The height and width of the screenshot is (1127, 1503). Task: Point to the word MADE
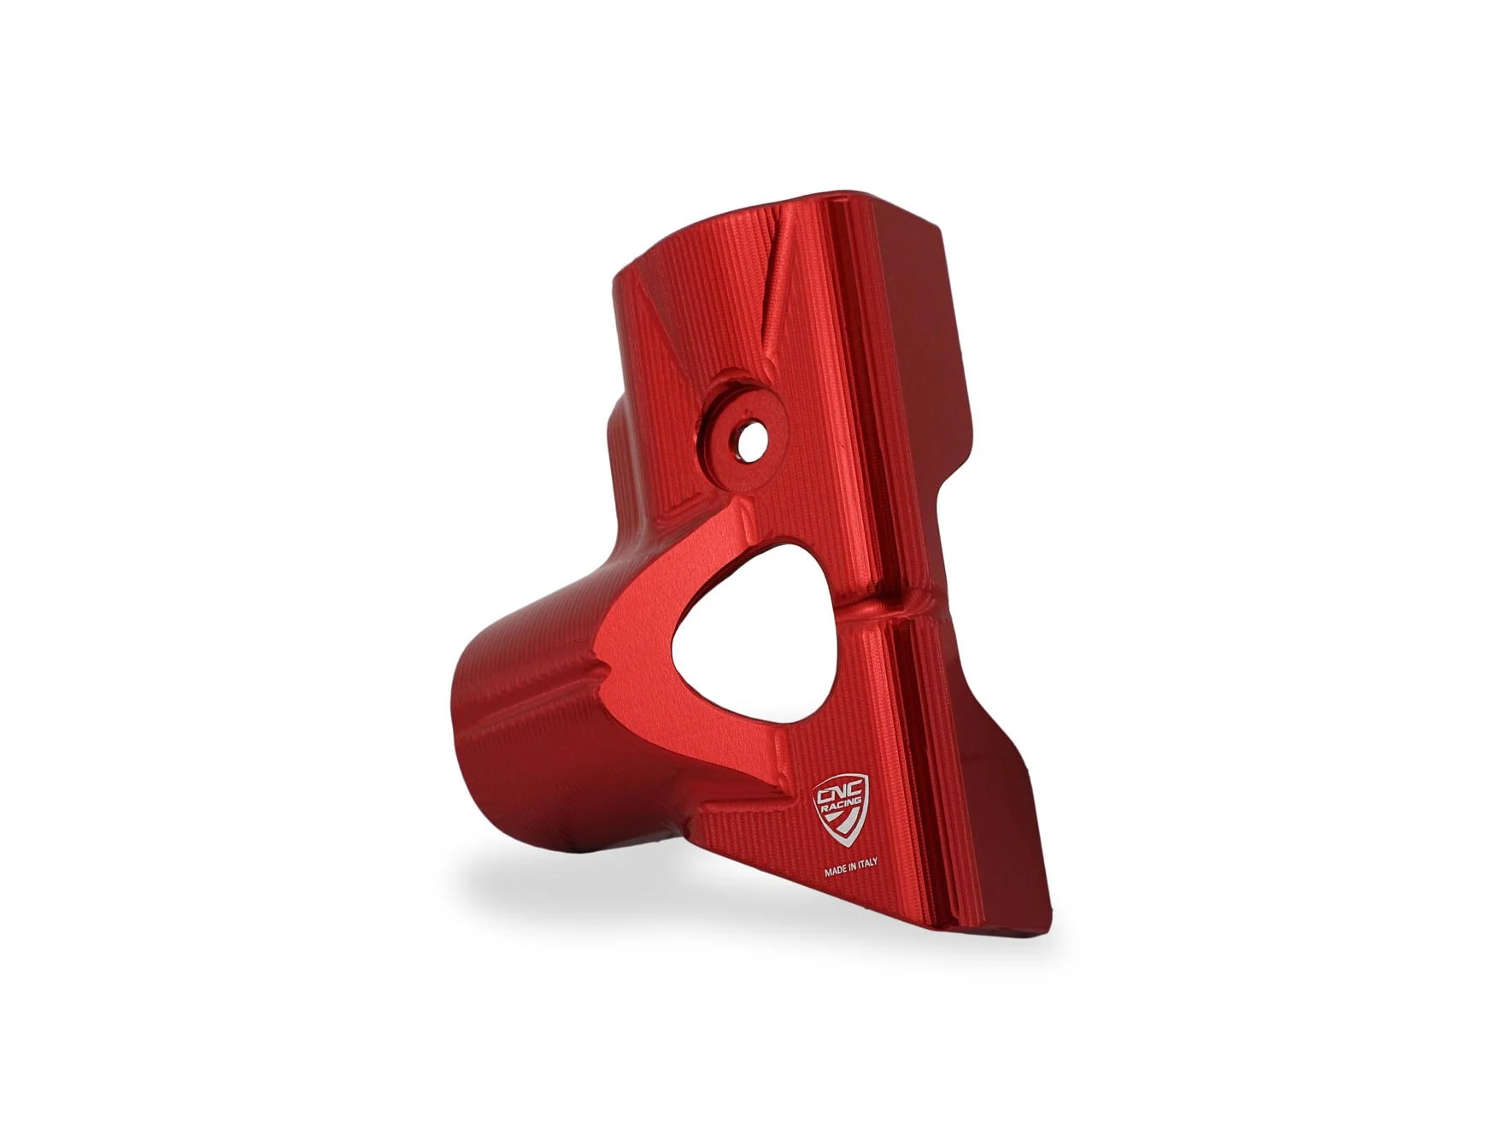pos(837,873)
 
